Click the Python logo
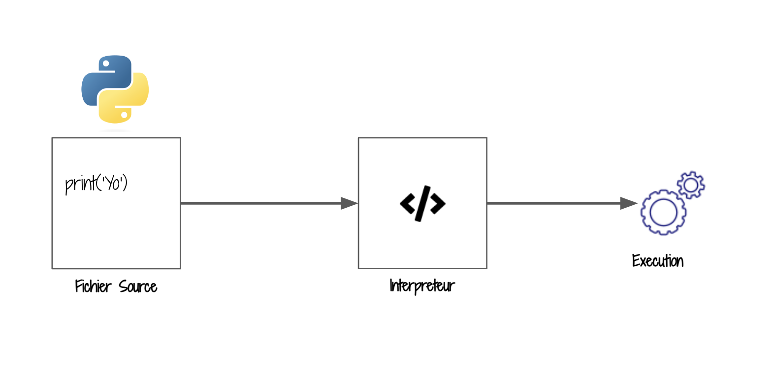click(x=115, y=89)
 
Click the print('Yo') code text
click(x=97, y=184)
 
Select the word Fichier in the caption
click(x=93, y=286)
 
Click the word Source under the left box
click(x=138, y=286)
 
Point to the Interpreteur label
click(x=422, y=285)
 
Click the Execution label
click(x=658, y=260)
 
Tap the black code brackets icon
click(x=422, y=203)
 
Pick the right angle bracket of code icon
click(x=437, y=203)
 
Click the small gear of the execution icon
click(x=691, y=185)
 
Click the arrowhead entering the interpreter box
click(x=349, y=203)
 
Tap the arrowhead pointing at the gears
click(x=629, y=203)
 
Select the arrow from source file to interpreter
click(x=261, y=203)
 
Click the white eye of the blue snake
click(x=106, y=63)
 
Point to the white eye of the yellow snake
click(x=125, y=115)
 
